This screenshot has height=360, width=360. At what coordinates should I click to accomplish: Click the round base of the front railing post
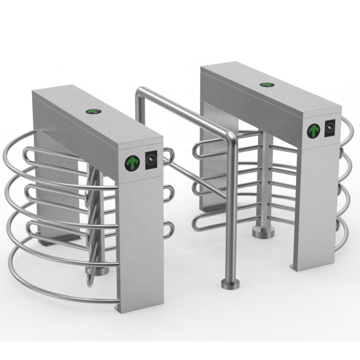(228, 283)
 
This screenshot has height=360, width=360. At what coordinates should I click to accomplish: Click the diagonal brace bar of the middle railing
(198, 180)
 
